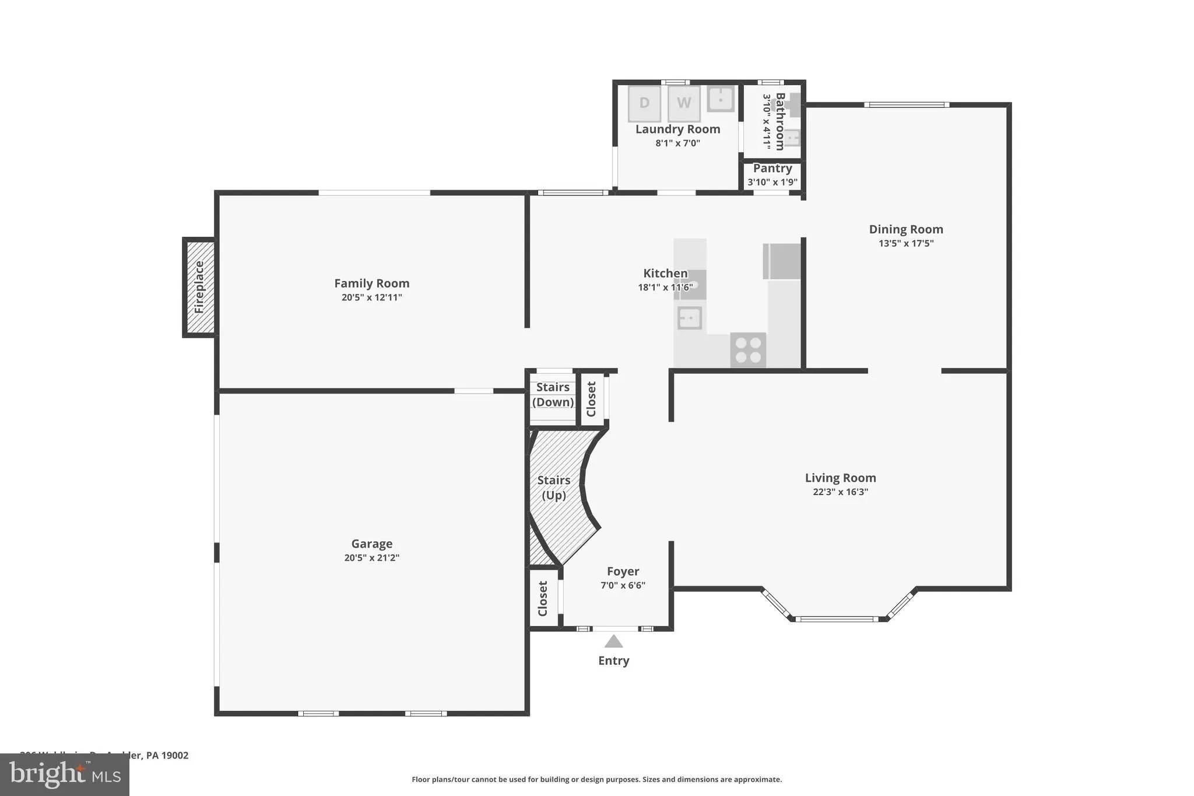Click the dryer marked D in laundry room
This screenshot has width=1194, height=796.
point(644,104)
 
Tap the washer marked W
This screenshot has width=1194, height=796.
point(684,104)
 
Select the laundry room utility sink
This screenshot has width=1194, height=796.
point(721,99)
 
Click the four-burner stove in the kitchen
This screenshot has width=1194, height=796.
point(748,350)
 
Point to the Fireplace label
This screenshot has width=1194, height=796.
point(199,287)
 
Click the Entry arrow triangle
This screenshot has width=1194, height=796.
point(613,641)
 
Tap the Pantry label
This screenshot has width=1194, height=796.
point(772,169)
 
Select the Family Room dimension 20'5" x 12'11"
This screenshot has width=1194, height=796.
point(372,297)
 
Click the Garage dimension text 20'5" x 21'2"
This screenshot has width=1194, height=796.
point(372,557)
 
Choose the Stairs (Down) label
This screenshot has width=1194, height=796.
point(553,395)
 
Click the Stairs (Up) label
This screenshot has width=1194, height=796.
point(553,488)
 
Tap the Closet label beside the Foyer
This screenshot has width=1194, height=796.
point(543,598)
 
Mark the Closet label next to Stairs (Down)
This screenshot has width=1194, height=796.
point(591,399)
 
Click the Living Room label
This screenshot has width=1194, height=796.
point(840,478)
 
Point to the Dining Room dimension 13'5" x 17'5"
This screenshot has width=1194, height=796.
point(906,244)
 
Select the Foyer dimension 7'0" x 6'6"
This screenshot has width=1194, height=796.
point(623,585)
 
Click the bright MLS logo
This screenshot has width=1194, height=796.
point(65,774)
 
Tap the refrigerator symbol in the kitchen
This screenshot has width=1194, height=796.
point(782,261)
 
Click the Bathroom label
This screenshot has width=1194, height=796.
point(780,121)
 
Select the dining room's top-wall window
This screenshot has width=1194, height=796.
point(907,105)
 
